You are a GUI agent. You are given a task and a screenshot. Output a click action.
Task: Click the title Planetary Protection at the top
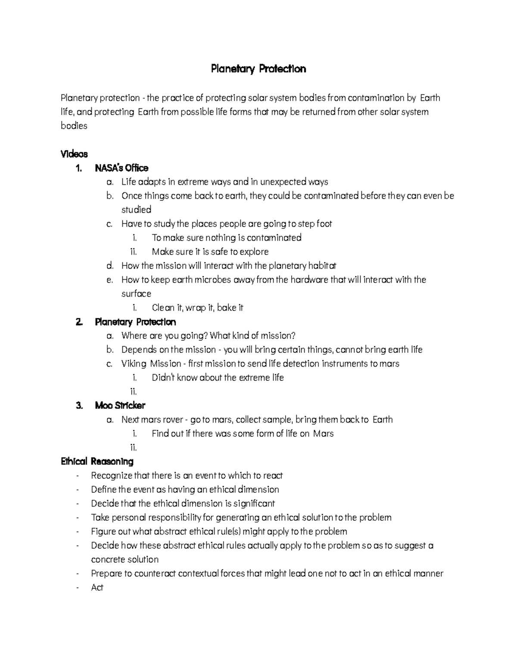click(x=258, y=69)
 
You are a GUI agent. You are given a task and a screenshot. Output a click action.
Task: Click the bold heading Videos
click(x=74, y=154)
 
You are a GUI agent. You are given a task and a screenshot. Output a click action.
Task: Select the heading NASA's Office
click(x=121, y=168)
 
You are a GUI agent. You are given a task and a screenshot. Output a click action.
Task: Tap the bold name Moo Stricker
click(x=120, y=405)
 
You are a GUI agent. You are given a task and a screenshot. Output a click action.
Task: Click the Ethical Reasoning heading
click(x=97, y=461)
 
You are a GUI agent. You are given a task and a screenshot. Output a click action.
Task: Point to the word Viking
click(x=134, y=364)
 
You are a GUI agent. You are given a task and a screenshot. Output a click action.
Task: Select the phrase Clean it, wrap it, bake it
click(x=197, y=308)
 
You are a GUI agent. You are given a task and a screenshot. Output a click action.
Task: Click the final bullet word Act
click(x=97, y=588)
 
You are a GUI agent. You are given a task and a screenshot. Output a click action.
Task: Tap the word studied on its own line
click(x=136, y=210)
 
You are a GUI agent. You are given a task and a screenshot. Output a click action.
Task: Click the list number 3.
click(x=79, y=405)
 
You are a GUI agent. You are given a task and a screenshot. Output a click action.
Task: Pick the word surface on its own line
click(x=136, y=294)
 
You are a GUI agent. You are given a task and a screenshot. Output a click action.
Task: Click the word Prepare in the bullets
click(x=106, y=573)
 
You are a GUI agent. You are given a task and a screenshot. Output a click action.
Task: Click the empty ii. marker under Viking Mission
click(x=133, y=392)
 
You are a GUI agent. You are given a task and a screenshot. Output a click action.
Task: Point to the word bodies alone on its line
click(x=74, y=126)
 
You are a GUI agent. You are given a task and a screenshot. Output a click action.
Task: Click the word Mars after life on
click(x=323, y=433)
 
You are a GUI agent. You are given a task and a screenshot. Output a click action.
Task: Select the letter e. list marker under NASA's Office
click(x=109, y=280)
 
